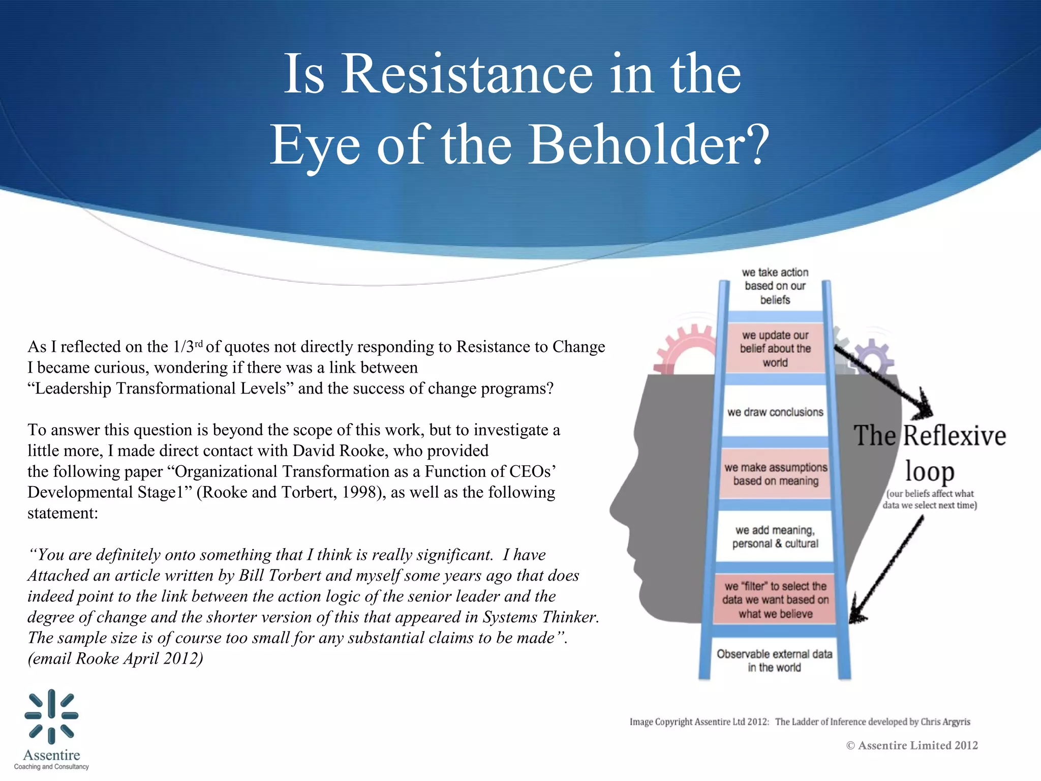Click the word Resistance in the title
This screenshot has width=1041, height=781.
pos(466,74)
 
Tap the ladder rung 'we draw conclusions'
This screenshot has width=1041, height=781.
pos(775,412)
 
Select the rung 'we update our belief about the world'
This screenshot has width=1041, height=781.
pos(775,349)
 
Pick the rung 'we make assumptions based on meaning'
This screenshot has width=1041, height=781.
pos(776,474)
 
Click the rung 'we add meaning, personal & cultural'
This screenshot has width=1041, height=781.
pos(775,537)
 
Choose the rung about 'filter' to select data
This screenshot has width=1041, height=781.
pos(775,600)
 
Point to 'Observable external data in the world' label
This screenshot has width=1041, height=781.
pos(774,660)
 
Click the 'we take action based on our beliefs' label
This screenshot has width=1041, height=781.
pos(775,286)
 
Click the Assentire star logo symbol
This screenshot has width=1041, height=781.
pos(51,716)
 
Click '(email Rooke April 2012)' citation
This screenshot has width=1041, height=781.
pos(115,658)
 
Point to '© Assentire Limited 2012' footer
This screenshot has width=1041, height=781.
pos(912,745)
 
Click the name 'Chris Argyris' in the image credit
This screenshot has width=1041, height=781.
pos(945,722)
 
